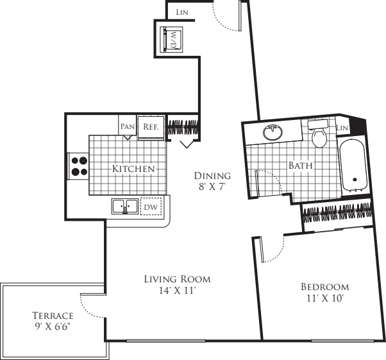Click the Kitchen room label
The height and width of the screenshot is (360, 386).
click(134, 169)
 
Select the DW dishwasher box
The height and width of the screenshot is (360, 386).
click(151, 207)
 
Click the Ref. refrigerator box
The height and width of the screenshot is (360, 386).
click(151, 127)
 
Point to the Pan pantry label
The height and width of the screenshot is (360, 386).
click(128, 127)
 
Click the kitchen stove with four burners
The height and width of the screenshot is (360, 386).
click(79, 167)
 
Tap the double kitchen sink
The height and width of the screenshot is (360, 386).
click(124, 207)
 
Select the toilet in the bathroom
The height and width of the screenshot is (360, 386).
click(319, 135)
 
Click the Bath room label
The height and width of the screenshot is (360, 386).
click(300, 166)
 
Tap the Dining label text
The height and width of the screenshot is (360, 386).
click(213, 176)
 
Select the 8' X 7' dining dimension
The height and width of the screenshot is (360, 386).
click(213, 187)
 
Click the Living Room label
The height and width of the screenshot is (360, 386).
click(177, 279)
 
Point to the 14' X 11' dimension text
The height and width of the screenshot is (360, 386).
click(177, 291)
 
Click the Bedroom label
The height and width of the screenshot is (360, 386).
click(325, 287)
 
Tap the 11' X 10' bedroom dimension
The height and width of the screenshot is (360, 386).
click(325, 298)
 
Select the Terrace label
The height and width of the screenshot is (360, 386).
click(53, 316)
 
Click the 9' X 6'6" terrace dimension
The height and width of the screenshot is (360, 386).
click(53, 327)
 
